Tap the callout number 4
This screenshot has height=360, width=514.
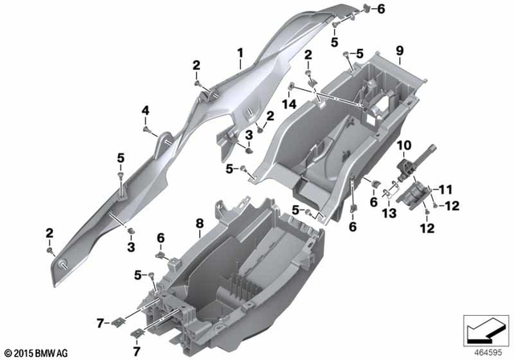(x=145, y=109)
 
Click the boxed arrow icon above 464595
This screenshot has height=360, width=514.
(x=484, y=329)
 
